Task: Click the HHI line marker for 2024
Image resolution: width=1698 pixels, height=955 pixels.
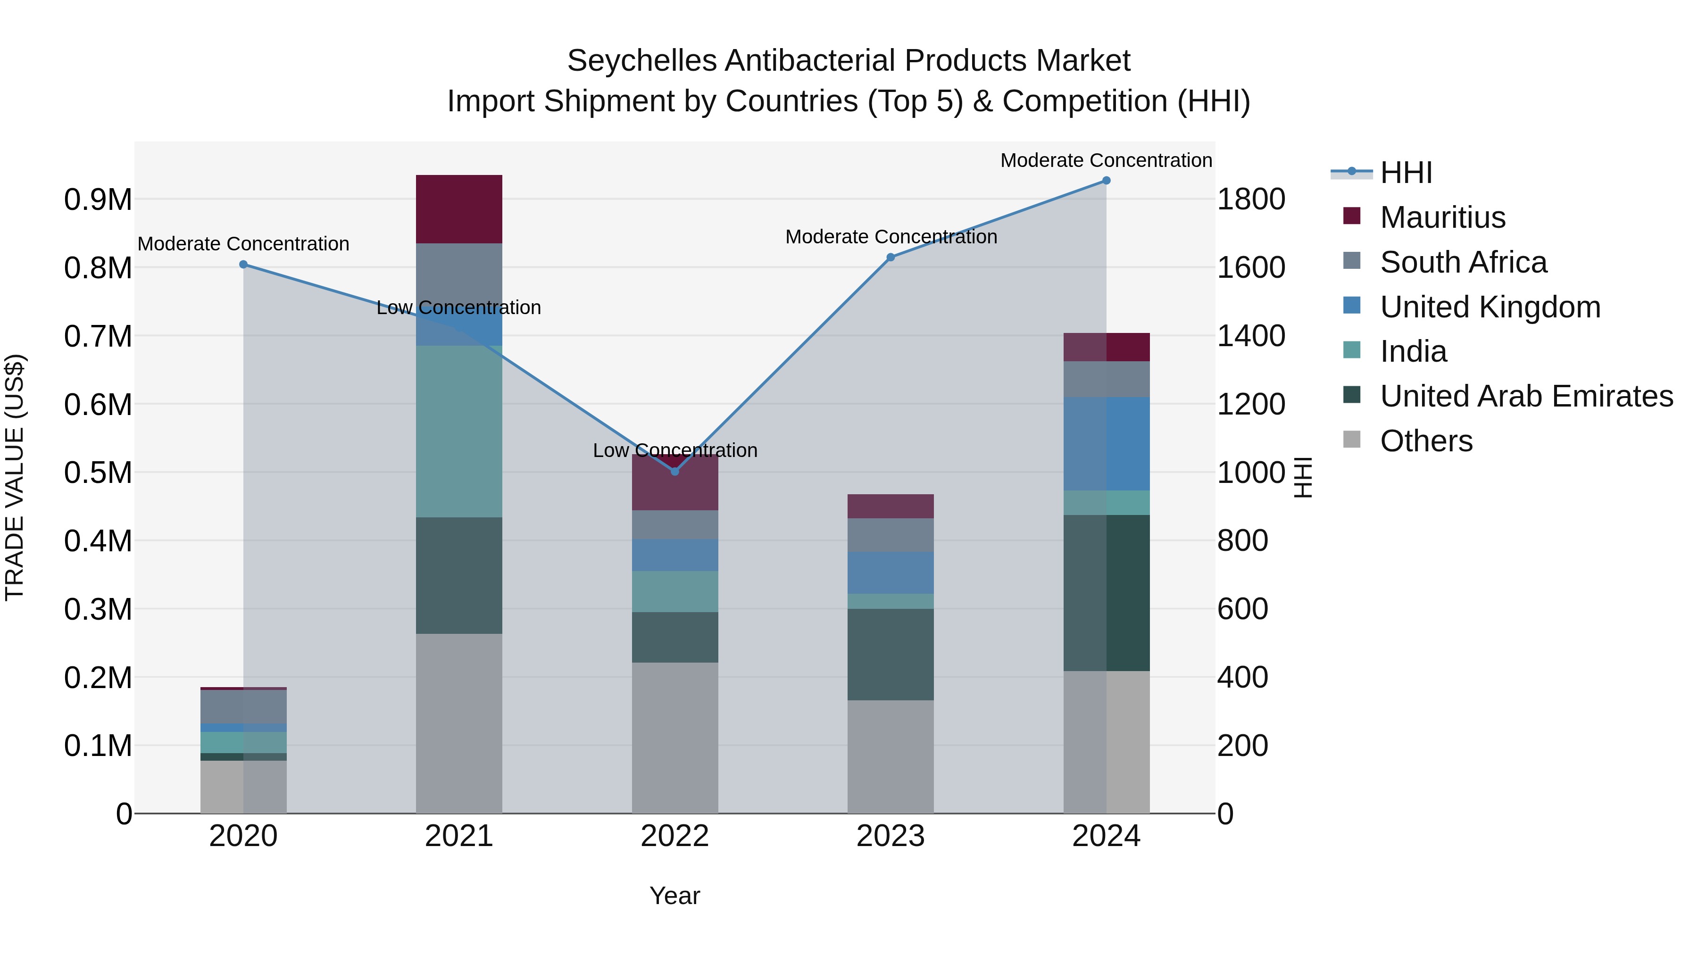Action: [1106, 181]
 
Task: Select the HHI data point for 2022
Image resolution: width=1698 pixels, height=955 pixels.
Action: [674, 471]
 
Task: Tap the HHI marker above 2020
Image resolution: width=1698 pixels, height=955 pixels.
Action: [243, 264]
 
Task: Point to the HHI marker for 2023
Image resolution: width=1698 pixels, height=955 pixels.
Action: [891, 257]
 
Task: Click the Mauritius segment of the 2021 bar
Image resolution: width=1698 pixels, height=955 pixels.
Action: [459, 209]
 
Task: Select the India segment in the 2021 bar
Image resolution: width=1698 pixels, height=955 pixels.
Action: [459, 431]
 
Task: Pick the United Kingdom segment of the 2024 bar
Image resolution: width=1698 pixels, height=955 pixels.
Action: [1106, 444]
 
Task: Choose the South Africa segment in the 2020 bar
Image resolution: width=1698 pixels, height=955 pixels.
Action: [243, 706]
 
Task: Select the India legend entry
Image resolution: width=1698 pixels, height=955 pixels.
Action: [1413, 351]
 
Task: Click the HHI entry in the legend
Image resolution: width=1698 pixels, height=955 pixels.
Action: [1406, 173]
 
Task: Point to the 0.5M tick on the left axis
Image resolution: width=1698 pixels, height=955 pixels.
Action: [98, 473]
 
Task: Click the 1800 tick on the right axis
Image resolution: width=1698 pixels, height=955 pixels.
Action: [1250, 199]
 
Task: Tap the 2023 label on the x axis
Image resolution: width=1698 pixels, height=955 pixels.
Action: [891, 836]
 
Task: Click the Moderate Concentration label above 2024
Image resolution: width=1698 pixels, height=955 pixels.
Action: [1106, 160]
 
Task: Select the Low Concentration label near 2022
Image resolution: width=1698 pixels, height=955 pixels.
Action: [674, 450]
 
